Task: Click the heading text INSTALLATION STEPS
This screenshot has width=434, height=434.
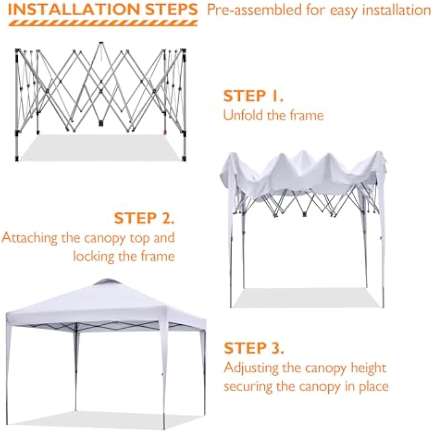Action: click(103, 9)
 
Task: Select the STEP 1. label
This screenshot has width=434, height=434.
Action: click(253, 96)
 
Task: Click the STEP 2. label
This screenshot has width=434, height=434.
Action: click(144, 218)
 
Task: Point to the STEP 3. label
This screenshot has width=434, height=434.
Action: click(254, 348)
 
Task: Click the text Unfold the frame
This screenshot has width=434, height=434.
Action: click(273, 115)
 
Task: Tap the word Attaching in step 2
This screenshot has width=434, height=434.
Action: click(29, 238)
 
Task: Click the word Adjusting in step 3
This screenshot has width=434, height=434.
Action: click(251, 368)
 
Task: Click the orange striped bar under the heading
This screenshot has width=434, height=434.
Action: click(103, 23)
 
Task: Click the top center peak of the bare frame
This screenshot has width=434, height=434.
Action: click(101, 43)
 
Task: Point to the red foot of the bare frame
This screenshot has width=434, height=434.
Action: click(183, 159)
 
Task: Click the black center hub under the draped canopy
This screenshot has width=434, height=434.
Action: click(304, 214)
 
